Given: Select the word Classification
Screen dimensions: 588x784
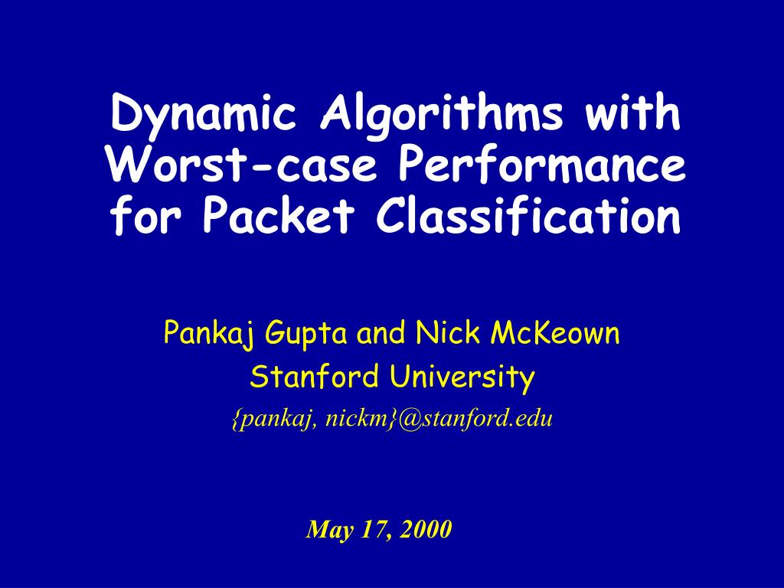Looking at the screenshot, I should pos(528,218).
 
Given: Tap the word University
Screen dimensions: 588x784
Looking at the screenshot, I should pos(459,377).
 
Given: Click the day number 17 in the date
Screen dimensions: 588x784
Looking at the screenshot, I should pos(373,529).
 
